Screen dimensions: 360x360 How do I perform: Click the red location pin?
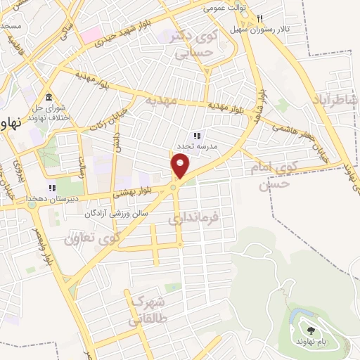181,166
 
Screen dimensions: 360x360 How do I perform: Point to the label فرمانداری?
195,219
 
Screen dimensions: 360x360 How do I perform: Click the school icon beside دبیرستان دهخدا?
51,188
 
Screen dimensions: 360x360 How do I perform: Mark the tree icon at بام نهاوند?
309,326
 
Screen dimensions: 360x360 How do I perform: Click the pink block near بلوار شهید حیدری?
90,34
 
